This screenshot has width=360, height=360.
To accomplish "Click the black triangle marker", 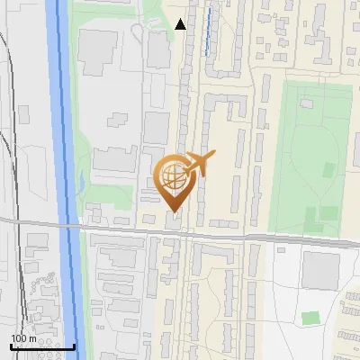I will tap(181, 24).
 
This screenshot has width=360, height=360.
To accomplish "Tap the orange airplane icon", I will tap(198, 165).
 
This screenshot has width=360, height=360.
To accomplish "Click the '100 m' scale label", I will tap(23, 338).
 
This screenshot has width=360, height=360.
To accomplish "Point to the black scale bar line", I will tap(42, 346).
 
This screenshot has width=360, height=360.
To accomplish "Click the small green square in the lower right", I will tap(310, 318).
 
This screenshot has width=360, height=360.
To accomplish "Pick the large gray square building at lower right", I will tap(320, 270).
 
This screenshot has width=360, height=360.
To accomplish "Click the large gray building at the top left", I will tap(97, 52).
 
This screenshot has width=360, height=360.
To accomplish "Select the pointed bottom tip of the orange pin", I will tap(172, 211).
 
